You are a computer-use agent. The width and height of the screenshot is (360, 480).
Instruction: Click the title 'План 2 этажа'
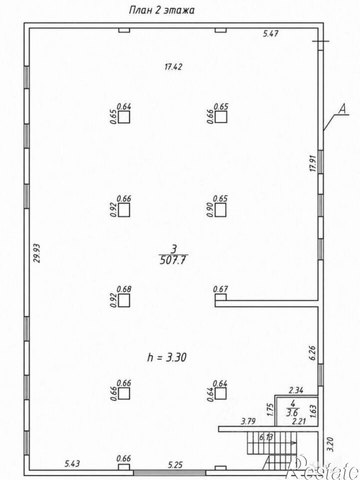tap(162, 10)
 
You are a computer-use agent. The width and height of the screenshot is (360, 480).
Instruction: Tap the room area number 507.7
tap(173, 260)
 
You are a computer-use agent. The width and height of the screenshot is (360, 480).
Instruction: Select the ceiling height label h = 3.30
tap(167, 357)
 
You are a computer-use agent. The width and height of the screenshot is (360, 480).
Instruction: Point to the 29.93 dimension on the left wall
tap(37, 253)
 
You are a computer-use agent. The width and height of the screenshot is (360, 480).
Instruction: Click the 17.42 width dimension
tap(173, 67)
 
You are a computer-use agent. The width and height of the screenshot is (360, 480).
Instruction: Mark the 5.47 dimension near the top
tap(271, 33)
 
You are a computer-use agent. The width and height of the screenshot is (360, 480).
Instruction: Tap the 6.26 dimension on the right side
tap(312, 353)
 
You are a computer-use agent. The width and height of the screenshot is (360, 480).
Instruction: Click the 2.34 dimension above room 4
tap(296, 390)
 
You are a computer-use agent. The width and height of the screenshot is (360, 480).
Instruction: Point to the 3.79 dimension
tap(248, 421)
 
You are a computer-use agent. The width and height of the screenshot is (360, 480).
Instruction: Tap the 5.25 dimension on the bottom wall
tap(175, 465)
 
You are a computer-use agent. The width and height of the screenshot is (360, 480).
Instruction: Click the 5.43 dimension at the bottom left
tap(72, 464)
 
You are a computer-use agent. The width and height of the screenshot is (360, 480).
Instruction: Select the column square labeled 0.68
tap(124, 300)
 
